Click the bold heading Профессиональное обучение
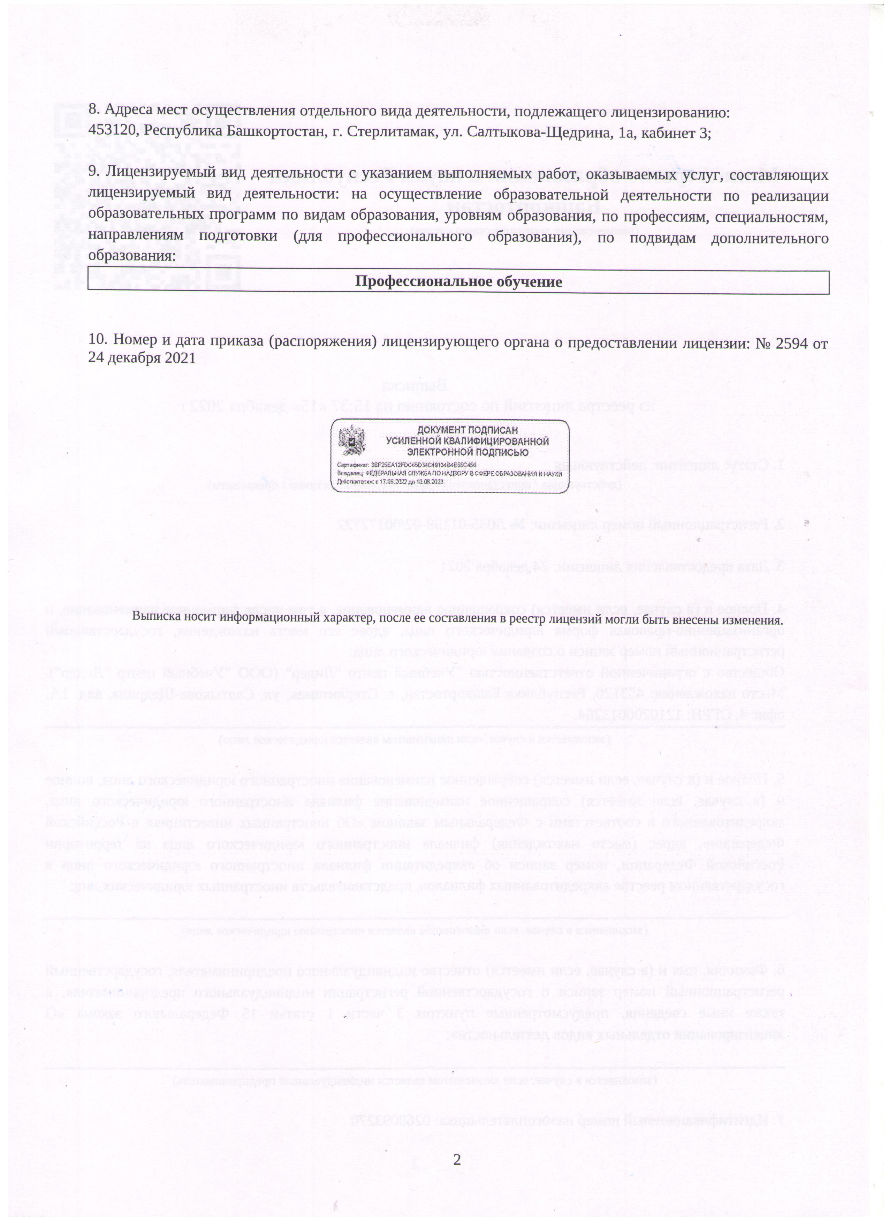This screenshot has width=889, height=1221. click(458, 282)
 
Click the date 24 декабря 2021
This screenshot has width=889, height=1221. click(142, 358)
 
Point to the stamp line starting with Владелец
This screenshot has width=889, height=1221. click(449, 473)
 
